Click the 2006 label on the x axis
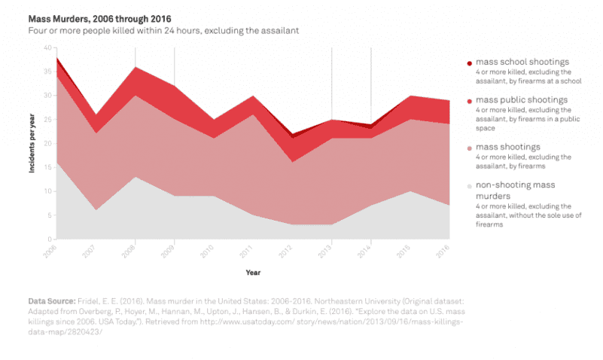click(50, 252)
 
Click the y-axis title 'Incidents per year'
click(33, 144)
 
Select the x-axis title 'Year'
click(253, 272)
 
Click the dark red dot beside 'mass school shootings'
click(469, 63)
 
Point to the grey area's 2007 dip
click(96, 211)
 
